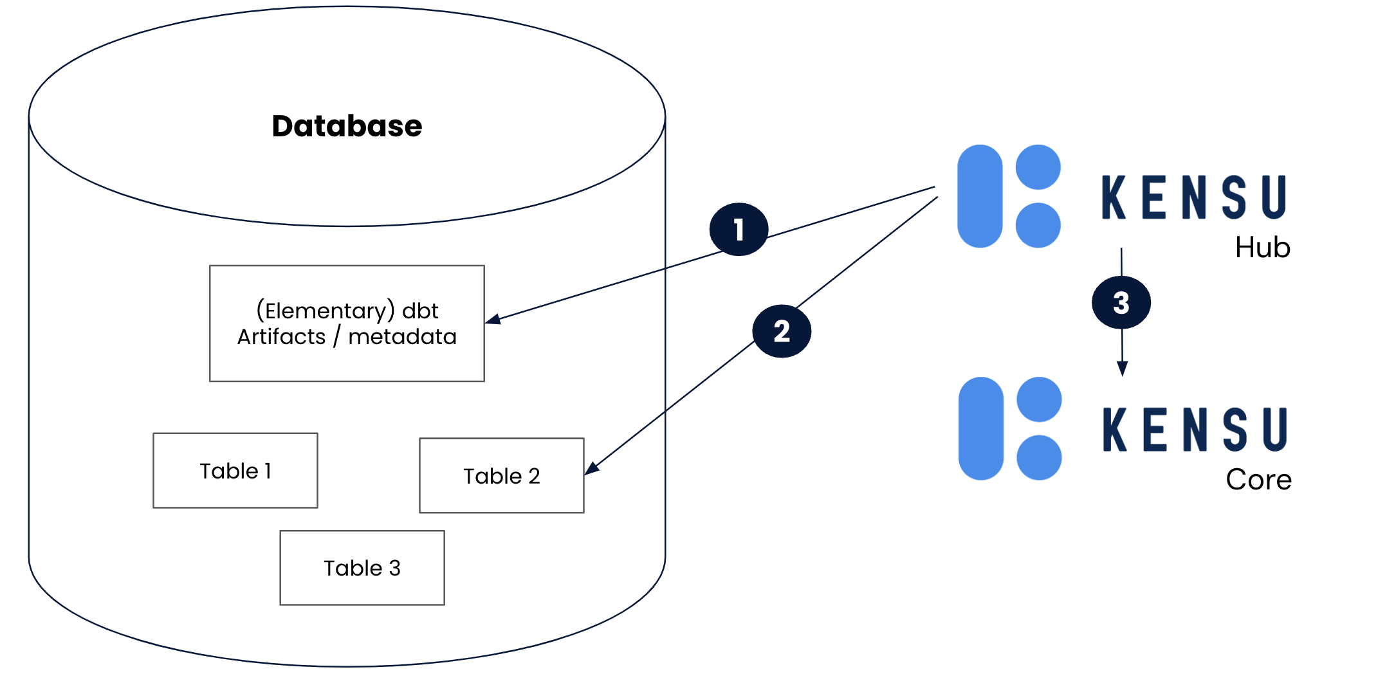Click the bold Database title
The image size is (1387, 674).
point(347,126)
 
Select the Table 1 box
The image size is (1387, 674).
point(235,471)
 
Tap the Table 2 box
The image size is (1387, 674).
point(502,476)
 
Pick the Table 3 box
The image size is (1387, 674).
point(362,568)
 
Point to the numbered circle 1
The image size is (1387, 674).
point(739,230)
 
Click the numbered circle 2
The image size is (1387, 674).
point(782,331)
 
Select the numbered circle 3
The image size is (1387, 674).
point(1121,303)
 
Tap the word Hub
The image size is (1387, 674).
point(1262,248)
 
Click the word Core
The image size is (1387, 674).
point(1258,480)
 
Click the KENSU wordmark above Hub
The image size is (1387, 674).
point(1194,197)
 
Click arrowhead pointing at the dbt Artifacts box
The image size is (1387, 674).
point(493,319)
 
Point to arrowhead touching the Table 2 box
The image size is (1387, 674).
point(591,469)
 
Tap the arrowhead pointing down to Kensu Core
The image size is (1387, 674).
point(1123,369)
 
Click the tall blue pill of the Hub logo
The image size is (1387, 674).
point(980,196)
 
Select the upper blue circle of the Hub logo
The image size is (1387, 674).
point(1038,167)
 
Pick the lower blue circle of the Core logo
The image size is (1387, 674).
point(1039,457)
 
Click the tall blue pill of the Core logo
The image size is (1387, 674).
point(981,428)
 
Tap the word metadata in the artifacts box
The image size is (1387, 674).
point(402,337)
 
